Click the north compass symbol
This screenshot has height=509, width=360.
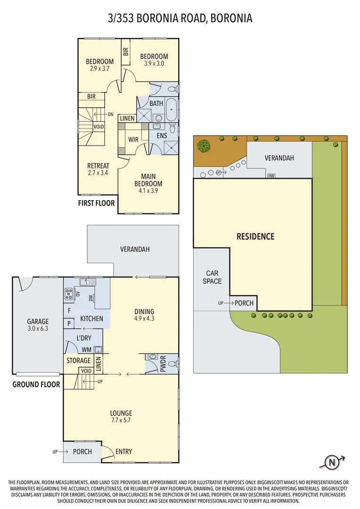point(332,462)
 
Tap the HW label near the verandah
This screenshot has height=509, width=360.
point(271,176)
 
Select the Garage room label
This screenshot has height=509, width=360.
point(38,321)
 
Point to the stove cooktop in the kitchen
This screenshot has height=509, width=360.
point(69,294)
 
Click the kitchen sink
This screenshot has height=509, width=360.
point(88,282)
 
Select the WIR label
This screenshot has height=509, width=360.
point(133,140)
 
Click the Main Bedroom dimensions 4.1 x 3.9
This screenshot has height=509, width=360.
point(148,191)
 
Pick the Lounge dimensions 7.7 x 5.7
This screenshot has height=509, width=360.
point(121,420)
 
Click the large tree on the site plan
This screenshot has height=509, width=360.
point(204,146)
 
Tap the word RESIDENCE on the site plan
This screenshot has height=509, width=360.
point(255,236)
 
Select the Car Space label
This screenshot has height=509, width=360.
point(213,277)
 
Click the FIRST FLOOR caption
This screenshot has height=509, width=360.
point(97,203)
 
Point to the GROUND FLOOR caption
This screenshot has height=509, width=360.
point(36,385)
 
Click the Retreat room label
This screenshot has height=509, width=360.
point(98,165)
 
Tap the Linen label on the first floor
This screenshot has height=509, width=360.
point(127,118)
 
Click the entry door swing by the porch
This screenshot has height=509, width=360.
point(106,451)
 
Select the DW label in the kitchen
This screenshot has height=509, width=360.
point(91,298)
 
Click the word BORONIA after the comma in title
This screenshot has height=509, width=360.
point(231,18)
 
